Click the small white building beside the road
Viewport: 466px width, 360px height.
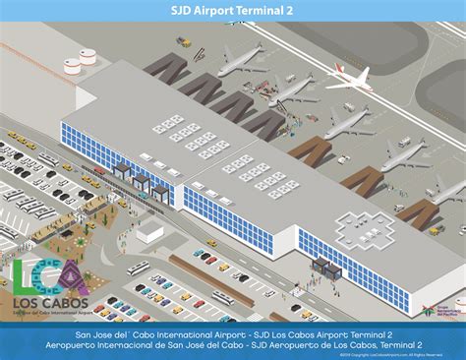pos(149,230)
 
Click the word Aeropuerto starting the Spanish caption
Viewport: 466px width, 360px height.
pos(70,345)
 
